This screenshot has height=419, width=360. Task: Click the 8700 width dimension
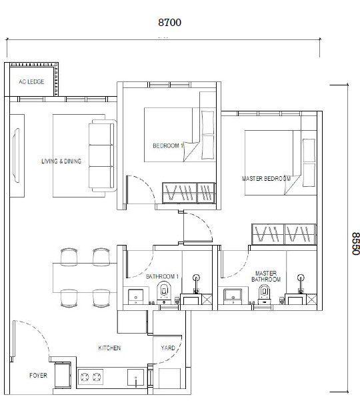[169, 22]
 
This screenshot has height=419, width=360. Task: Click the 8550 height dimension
[355, 244]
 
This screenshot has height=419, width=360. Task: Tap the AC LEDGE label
[31, 81]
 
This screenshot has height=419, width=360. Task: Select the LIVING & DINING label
[61, 161]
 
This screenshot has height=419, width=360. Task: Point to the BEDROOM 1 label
[167, 145]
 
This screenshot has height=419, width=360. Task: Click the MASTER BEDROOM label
[266, 179]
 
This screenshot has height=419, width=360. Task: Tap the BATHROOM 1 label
[163, 276]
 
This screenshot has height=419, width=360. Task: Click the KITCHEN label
[109, 348]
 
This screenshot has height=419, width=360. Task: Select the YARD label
[168, 348]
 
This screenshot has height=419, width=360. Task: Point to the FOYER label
[38, 376]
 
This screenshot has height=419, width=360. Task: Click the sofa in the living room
[101, 154]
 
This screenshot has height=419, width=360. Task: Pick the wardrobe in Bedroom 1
[189, 193]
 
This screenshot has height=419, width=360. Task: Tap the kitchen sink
[135, 378]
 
